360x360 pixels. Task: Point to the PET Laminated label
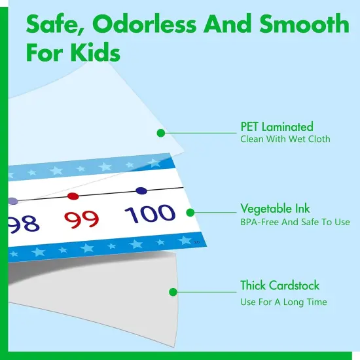276,126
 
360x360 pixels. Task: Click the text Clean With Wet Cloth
285,139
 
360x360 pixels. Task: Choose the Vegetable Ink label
275,209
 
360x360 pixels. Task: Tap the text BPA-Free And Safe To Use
295,222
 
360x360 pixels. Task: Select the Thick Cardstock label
279,285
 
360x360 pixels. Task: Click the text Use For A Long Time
283,302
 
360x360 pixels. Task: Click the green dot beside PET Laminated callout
160,133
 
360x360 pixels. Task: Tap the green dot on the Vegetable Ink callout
190,213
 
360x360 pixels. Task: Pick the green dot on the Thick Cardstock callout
173,292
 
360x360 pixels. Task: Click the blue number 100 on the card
150,214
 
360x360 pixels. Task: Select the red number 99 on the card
82,219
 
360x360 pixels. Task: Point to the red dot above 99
73,196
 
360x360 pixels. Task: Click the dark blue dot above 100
141,190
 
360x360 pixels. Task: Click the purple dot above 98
12,201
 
